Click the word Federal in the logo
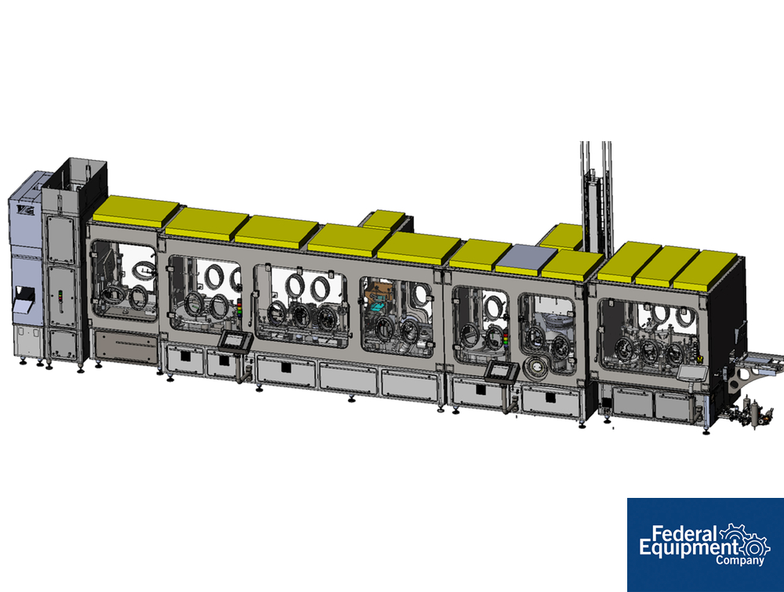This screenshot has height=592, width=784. [685, 534]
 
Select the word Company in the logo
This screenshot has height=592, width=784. [739, 560]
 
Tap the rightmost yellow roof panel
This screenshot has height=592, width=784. [706, 271]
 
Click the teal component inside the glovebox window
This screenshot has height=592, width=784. [379, 306]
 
